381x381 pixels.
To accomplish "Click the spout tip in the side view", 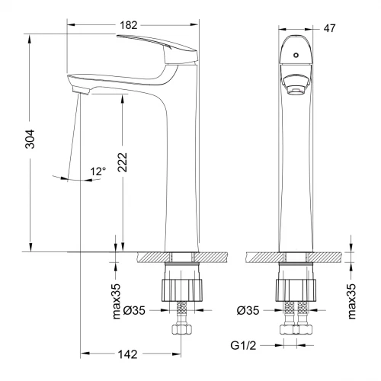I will coord(78,89).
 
